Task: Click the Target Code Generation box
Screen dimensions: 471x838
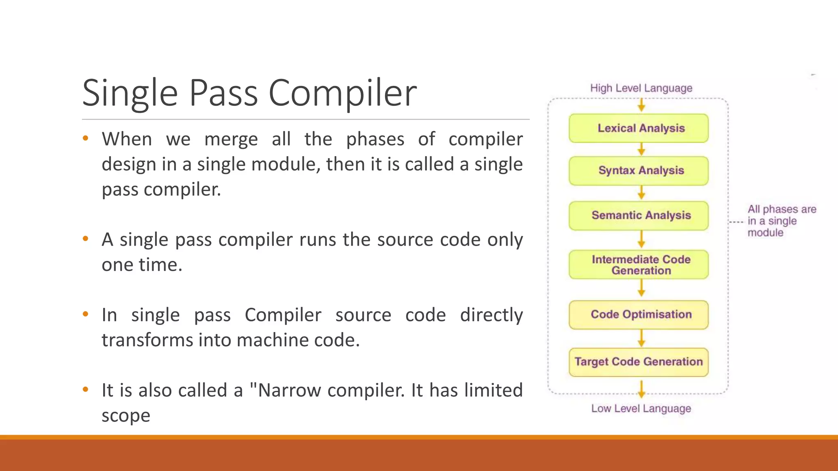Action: tap(638, 362)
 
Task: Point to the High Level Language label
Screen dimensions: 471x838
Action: tap(641, 88)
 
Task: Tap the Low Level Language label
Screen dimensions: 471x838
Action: tap(641, 408)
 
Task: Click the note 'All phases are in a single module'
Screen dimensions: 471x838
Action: tap(781, 221)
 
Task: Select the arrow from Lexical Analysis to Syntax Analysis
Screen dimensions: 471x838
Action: tap(642, 149)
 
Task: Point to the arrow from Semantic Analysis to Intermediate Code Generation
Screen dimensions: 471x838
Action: tap(642, 240)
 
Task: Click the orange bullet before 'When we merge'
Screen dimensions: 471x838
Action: tap(86, 138)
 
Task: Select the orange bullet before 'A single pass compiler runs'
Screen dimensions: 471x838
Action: tap(86, 238)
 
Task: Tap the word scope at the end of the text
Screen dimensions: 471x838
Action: tap(126, 416)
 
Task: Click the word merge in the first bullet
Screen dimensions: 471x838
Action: tap(231, 139)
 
